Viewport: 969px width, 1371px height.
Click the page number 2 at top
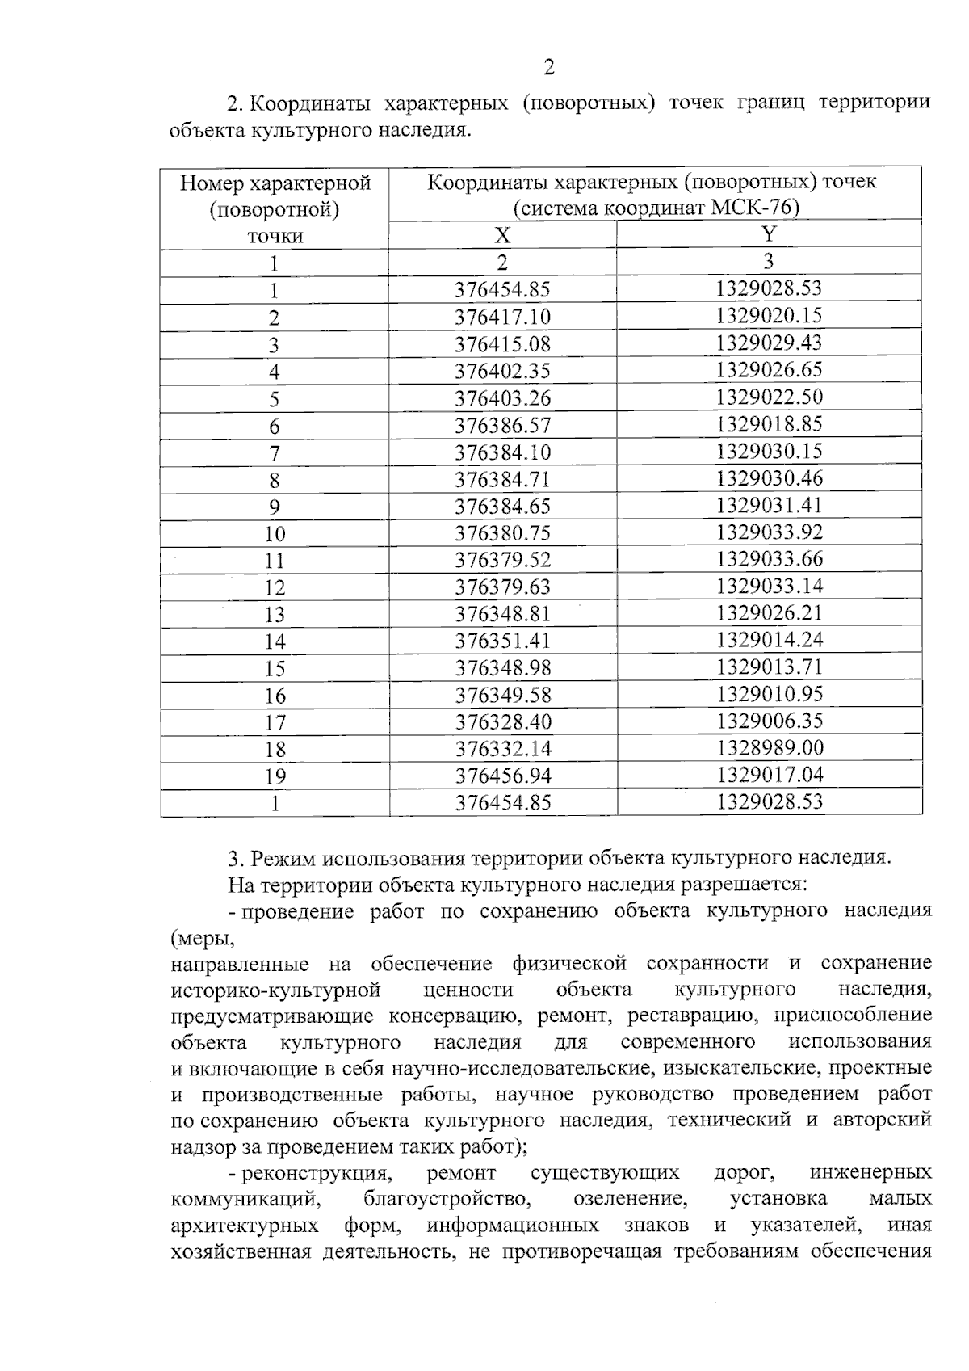tap(549, 67)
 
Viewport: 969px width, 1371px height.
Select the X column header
tap(502, 235)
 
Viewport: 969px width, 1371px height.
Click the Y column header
tap(769, 234)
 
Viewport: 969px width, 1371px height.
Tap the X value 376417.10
tap(502, 317)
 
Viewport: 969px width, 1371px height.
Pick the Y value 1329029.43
tap(769, 343)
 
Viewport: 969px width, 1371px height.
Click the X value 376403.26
tap(502, 398)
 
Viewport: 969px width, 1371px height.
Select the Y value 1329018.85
tap(769, 424)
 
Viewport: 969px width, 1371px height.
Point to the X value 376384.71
tap(502, 480)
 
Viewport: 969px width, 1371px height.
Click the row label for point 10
tap(275, 534)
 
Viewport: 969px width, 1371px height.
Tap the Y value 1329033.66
tap(769, 559)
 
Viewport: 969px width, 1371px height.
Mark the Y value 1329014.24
tap(769, 640)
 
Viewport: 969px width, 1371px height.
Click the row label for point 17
tap(275, 723)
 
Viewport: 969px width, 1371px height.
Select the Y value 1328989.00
tap(769, 748)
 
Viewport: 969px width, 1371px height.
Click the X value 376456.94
tap(502, 776)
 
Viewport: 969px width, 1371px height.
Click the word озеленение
tap(631, 1198)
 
